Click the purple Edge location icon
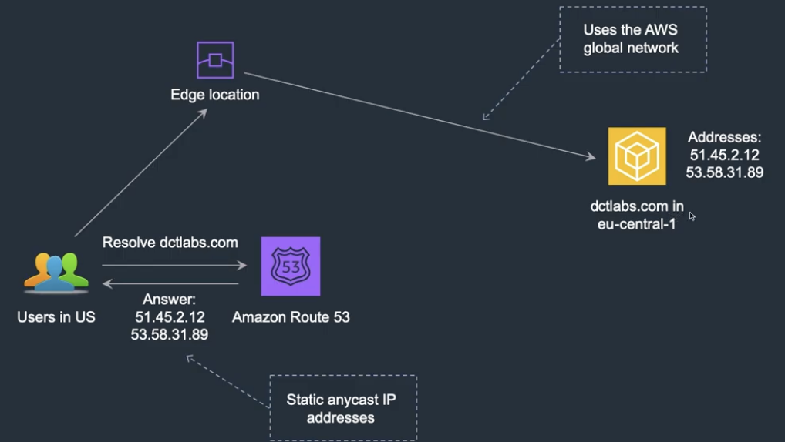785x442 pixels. pyautogui.click(x=215, y=60)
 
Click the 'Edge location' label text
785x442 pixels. pyautogui.click(x=214, y=95)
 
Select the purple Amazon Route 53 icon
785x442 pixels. pyautogui.click(x=291, y=266)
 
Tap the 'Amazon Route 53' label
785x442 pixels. pyautogui.click(x=291, y=317)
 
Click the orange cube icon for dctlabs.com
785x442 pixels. pyautogui.click(x=636, y=156)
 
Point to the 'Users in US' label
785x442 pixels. pyautogui.click(x=56, y=317)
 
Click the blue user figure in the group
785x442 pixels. pyautogui.click(x=55, y=274)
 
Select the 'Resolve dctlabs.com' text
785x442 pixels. pyautogui.click(x=170, y=243)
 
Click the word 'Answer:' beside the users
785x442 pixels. pyautogui.click(x=170, y=299)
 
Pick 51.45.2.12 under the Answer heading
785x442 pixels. pyautogui.click(x=170, y=316)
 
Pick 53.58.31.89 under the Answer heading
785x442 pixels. pyautogui.click(x=170, y=334)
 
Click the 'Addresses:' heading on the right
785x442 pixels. pyautogui.click(x=724, y=138)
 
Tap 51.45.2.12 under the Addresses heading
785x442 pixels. pyautogui.click(x=724, y=155)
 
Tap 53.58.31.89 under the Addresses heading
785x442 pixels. pyautogui.click(x=724, y=172)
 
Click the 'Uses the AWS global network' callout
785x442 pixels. pyautogui.click(x=632, y=39)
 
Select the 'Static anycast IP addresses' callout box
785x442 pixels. pyautogui.click(x=342, y=408)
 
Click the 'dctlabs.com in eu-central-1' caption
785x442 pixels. pyautogui.click(x=636, y=216)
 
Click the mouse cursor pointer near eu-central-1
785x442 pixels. pyautogui.click(x=692, y=216)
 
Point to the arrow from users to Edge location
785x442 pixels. pyautogui.click(x=140, y=173)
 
